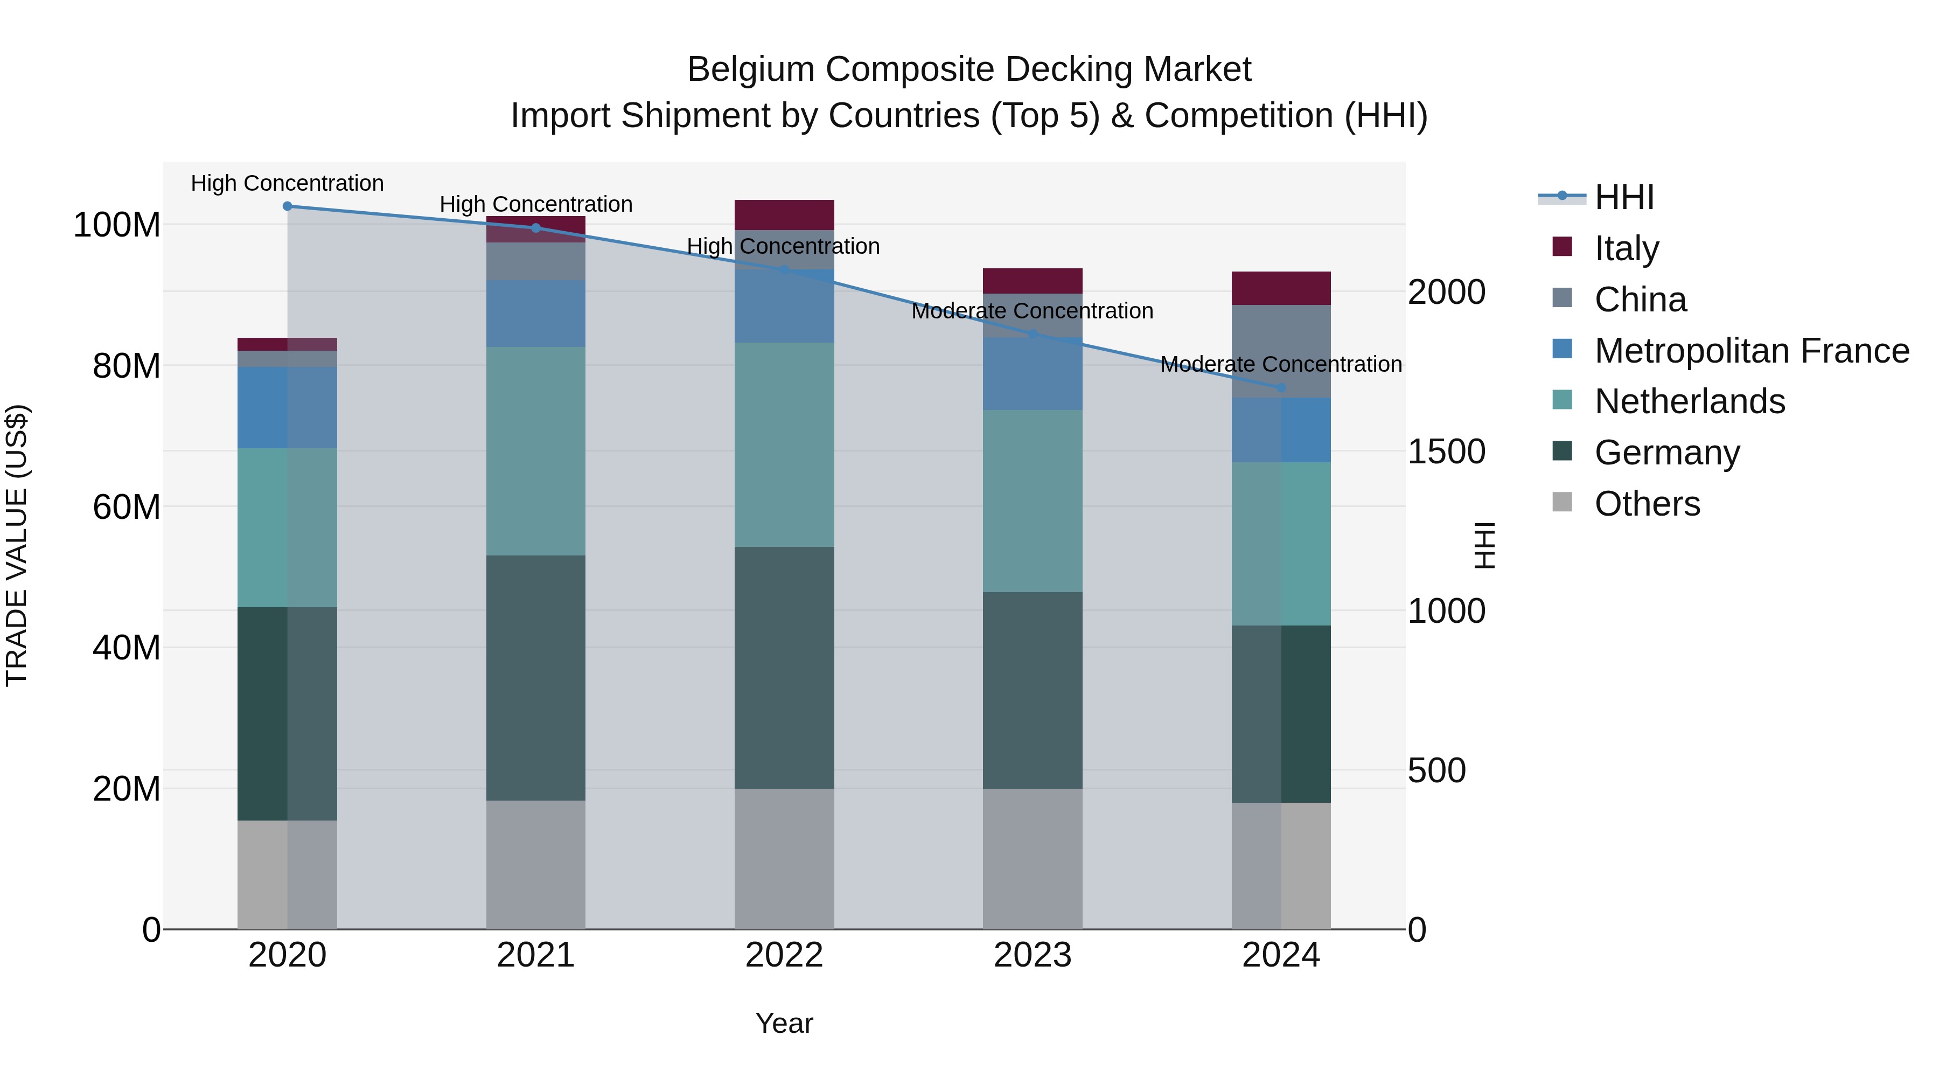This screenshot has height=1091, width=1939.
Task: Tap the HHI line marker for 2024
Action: tap(1281, 388)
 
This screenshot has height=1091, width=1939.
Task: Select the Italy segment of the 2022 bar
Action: tap(784, 214)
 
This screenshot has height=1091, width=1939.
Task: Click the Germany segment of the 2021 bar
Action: tap(535, 678)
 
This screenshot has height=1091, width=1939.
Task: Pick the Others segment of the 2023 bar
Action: tap(1032, 858)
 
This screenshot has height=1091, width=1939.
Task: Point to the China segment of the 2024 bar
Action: tap(1281, 351)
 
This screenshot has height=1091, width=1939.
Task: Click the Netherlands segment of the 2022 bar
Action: tap(784, 444)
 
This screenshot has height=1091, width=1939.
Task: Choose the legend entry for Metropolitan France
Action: tap(1751, 351)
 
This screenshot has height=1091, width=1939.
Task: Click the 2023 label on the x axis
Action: tap(1032, 955)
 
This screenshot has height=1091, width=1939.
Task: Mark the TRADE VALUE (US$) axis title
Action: tap(17, 545)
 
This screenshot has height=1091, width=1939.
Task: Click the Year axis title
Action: tap(784, 1023)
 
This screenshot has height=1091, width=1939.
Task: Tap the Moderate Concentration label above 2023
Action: tap(1032, 311)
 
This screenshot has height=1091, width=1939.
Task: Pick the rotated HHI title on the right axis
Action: tap(1484, 545)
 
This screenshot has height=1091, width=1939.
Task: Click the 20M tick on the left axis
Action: tap(127, 789)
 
